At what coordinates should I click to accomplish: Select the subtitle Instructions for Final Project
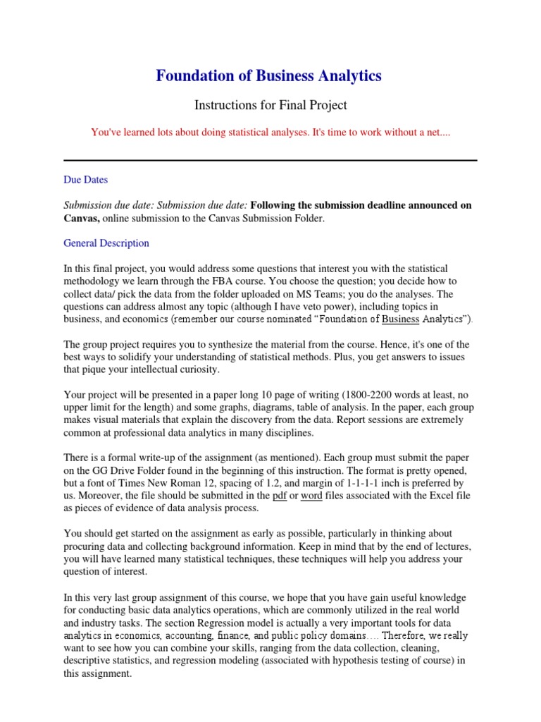pyautogui.click(x=270, y=105)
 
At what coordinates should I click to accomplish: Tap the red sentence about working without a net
pyautogui.click(x=270, y=133)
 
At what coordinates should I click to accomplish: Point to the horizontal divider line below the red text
pyautogui.click(x=270, y=161)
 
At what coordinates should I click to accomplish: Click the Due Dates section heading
pyautogui.click(x=85, y=180)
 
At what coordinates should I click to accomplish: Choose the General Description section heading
pyautogui.click(x=106, y=243)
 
